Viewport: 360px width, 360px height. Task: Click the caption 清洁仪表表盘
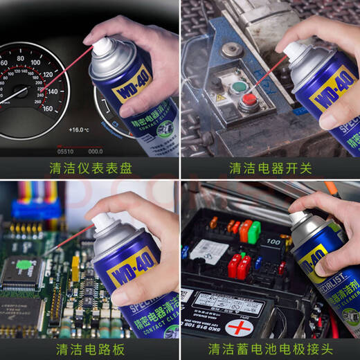pyautogui.click(x=90, y=168)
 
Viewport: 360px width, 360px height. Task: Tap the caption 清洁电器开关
pyautogui.click(x=271, y=168)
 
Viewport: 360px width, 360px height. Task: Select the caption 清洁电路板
pyautogui.click(x=90, y=348)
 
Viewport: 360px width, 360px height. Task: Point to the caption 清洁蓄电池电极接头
pyautogui.click(x=271, y=348)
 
